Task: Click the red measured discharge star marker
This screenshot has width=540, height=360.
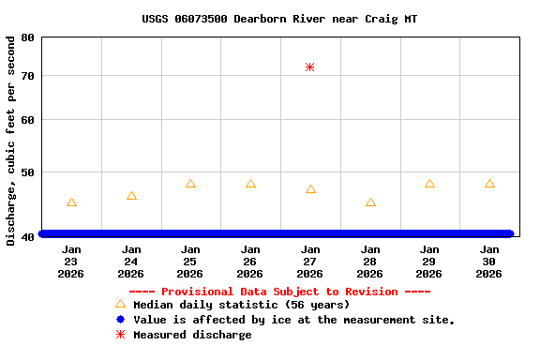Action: [x=309, y=67]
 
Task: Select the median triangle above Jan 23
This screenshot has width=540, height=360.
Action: [x=71, y=202]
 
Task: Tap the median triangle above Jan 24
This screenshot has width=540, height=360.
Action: [x=131, y=196]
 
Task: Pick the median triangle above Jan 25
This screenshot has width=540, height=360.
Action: [x=190, y=184]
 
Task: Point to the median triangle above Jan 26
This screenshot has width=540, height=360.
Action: [x=250, y=184]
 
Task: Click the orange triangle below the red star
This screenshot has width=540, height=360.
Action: [x=310, y=189]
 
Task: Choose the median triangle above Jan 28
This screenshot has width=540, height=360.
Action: [x=370, y=202]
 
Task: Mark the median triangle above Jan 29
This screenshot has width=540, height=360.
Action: [x=429, y=184]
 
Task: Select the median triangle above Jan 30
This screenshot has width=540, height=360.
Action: [x=489, y=184]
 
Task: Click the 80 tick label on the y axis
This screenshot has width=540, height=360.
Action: [x=25, y=37]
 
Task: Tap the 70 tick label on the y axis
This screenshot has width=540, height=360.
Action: [x=25, y=75]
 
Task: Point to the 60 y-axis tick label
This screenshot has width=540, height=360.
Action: [x=25, y=120]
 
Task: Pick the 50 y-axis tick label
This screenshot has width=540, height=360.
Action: [x=25, y=172]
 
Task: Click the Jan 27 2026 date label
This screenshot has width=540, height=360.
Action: [x=310, y=262]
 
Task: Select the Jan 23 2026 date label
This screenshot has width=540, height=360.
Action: [x=71, y=262]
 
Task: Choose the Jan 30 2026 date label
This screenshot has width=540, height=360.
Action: [x=489, y=262]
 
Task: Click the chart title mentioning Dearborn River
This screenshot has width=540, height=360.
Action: [x=279, y=19]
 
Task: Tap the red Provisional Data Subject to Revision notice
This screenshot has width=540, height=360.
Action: [x=279, y=292]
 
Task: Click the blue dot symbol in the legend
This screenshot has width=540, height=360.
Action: [x=120, y=320]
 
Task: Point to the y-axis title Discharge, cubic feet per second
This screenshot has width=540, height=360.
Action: [x=10, y=141]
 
